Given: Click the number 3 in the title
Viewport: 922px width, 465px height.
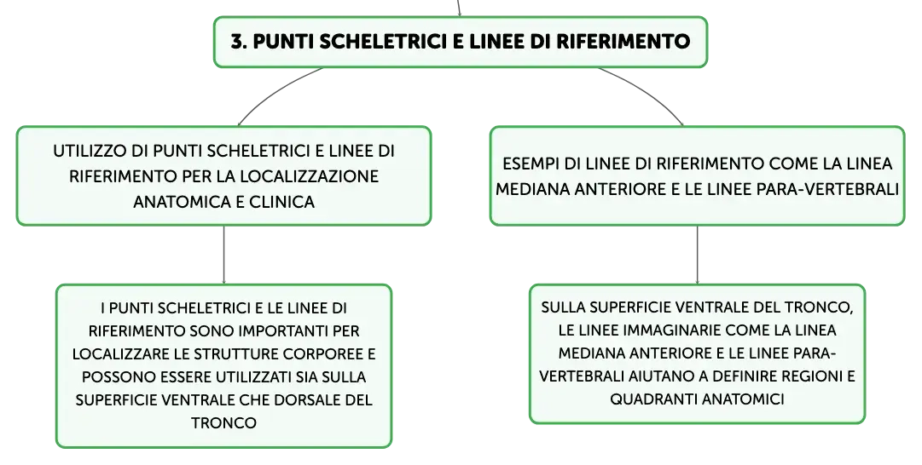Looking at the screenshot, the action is click(x=237, y=42).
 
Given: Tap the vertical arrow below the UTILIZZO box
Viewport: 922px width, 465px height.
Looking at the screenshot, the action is click(x=224, y=255).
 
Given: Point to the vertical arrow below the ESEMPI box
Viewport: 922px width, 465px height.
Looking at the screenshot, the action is click(x=698, y=255).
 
